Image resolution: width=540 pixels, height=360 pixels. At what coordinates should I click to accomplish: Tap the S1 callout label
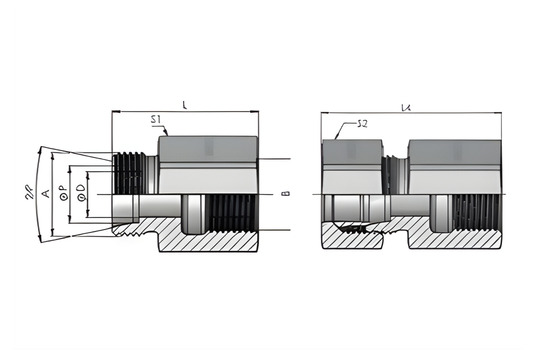(156, 120)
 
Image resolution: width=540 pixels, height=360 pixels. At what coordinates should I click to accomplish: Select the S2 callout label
(366, 125)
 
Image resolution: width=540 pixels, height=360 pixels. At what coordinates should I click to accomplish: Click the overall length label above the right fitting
(405, 105)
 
